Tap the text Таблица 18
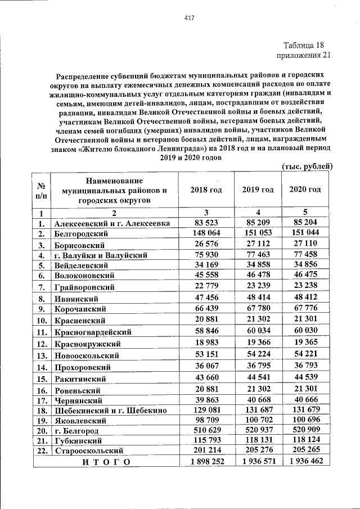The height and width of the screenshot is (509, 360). coord(304,45)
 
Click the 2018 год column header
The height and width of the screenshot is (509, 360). coord(205,190)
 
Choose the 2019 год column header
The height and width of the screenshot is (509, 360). coord(258,190)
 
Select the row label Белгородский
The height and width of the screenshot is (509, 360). coord(81,233)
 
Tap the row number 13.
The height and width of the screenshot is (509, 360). coord(41,355)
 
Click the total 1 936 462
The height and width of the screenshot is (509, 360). coord(305,462)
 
